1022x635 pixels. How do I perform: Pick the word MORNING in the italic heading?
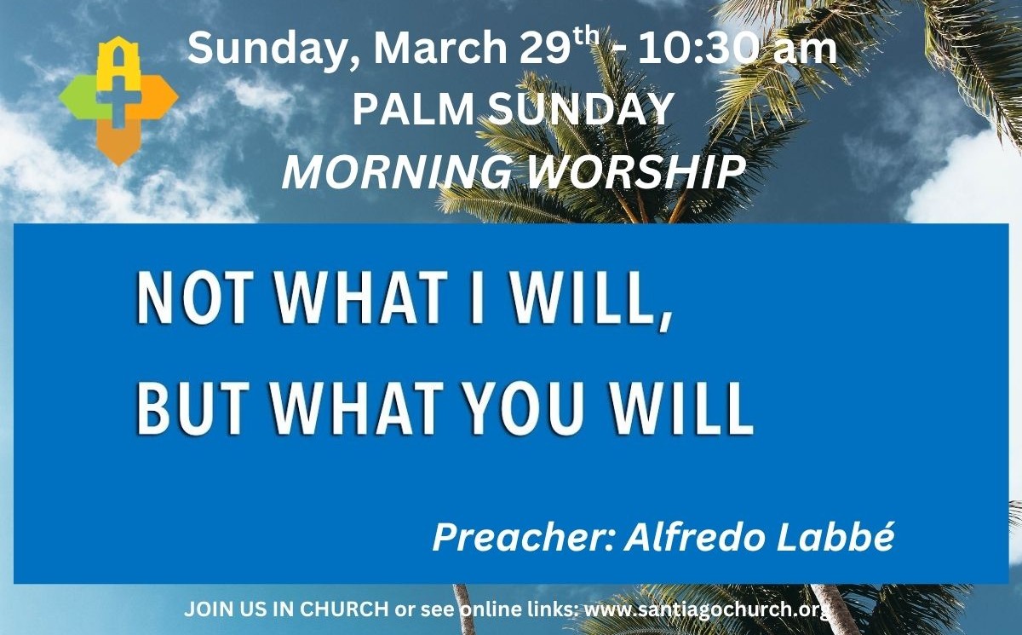point(397,172)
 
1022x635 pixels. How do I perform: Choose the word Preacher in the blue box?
point(523,537)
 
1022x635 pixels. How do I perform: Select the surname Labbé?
point(835,537)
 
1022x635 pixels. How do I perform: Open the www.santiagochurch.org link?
point(706,610)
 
